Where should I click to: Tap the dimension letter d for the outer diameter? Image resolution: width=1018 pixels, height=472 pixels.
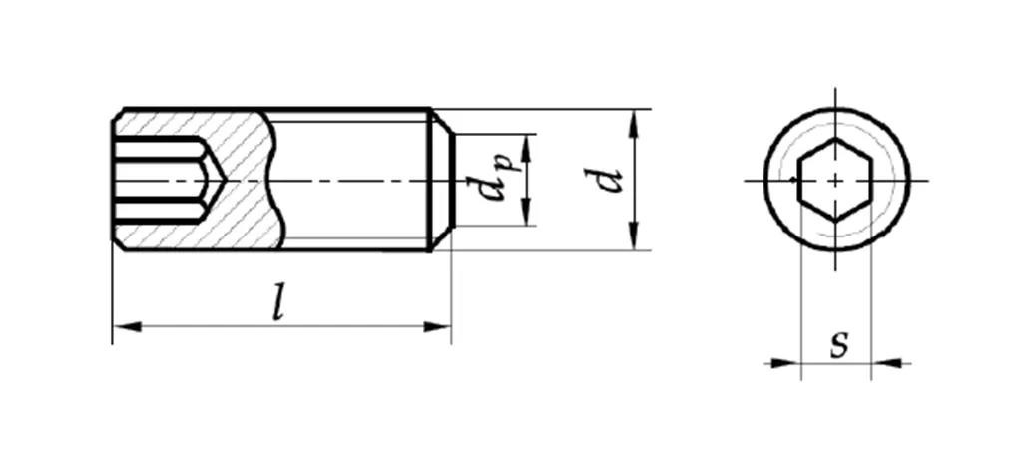606,181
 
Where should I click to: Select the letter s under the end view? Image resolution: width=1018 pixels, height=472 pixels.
838,344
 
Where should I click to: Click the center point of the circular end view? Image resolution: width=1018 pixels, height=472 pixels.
835,180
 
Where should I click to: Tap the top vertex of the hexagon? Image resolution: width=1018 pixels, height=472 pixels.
835,140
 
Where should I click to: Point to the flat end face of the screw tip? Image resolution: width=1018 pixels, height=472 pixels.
452,181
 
